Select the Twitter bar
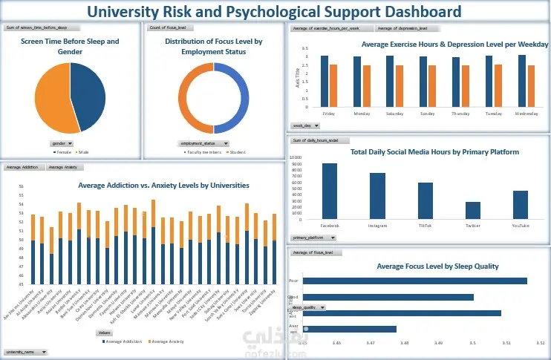473,210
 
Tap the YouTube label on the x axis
521,224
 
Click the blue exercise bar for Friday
324,81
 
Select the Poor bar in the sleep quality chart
416,281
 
